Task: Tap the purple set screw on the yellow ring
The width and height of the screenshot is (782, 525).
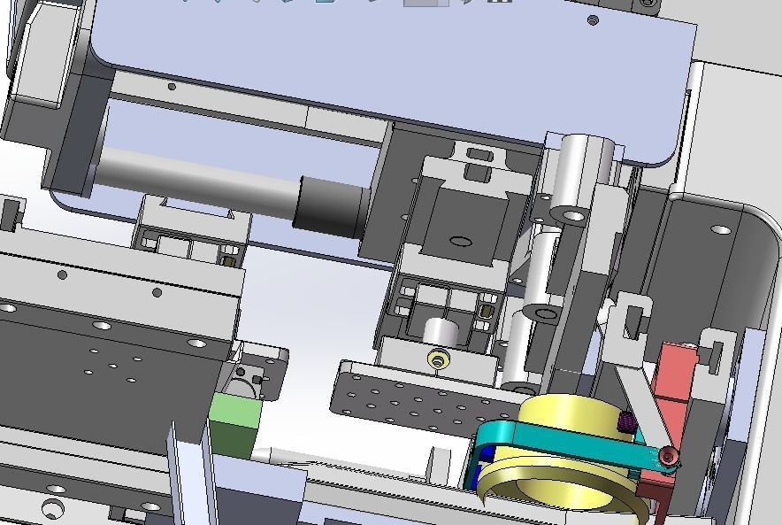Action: (x=627, y=423)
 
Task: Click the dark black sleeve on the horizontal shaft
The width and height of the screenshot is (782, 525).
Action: (x=332, y=205)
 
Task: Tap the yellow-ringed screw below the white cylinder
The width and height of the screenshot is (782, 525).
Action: (x=436, y=359)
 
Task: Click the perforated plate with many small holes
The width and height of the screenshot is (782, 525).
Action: (x=407, y=394)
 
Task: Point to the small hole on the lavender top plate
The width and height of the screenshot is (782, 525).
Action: (x=593, y=20)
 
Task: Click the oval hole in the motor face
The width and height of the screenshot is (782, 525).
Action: (x=459, y=240)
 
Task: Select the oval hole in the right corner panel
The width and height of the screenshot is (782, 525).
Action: (x=721, y=230)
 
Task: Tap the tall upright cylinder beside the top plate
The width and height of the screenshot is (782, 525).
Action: (x=585, y=173)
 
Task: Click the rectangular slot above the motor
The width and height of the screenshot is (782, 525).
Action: (x=479, y=157)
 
